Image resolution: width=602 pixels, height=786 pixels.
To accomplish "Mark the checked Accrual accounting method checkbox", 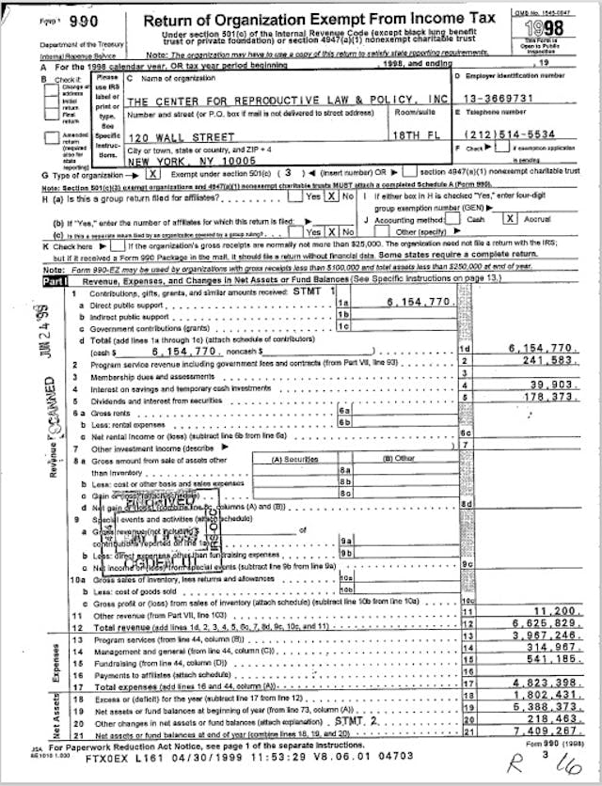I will tap(509, 217).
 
